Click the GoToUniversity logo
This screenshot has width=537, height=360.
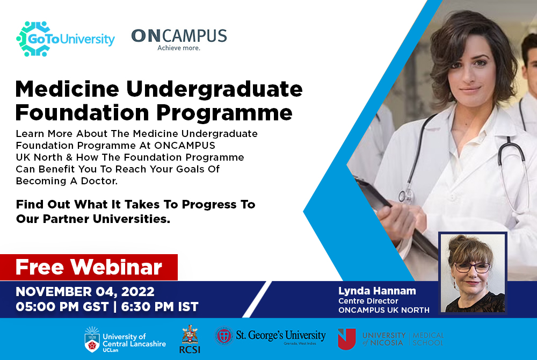(x=66, y=39)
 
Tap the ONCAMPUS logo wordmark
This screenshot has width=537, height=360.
(x=179, y=36)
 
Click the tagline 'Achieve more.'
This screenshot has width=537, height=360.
(x=179, y=48)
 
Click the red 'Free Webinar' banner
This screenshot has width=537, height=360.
(x=89, y=267)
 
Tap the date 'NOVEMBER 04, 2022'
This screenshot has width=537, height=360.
(x=85, y=292)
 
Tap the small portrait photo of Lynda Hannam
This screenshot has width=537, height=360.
(x=472, y=272)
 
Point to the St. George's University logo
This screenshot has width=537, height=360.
(x=270, y=336)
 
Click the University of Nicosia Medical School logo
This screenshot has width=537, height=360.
(x=390, y=339)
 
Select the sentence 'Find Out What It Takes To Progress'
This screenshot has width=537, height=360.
(x=135, y=205)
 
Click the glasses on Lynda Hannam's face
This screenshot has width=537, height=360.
(x=472, y=267)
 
